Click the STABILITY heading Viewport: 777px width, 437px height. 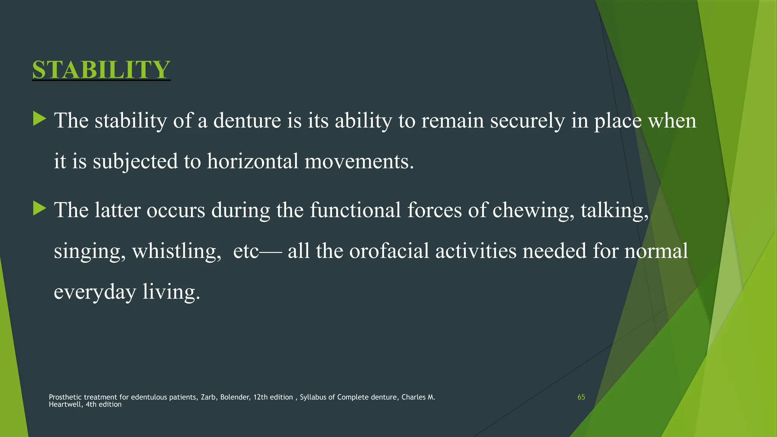point(101,69)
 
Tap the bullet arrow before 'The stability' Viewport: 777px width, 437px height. point(39,119)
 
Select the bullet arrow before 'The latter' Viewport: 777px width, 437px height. point(39,209)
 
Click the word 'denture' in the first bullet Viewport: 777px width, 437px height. point(247,121)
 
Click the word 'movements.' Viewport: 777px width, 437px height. point(359,161)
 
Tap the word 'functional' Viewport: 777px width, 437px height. point(355,210)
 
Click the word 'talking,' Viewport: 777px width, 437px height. point(615,211)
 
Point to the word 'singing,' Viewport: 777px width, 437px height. point(90,252)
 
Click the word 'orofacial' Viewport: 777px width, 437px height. point(389,251)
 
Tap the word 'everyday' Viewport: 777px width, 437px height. point(95,292)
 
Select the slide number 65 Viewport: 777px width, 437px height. point(581,397)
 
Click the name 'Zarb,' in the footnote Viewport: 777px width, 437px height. point(208,397)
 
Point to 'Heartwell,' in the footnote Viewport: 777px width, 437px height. point(66,404)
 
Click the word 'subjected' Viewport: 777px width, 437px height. point(135,162)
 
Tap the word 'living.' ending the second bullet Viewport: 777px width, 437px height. point(171,292)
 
